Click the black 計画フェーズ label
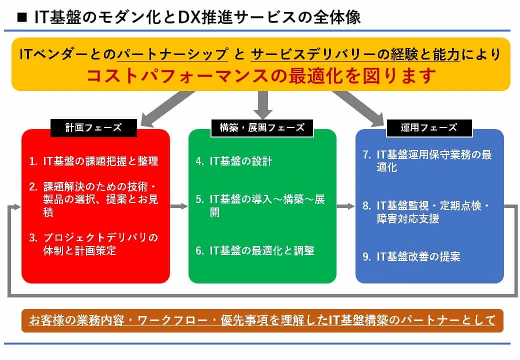click(x=93, y=127)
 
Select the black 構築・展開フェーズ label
click(x=262, y=127)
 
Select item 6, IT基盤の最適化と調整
click(x=255, y=250)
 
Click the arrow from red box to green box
click(x=179, y=206)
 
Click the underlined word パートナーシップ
click(x=172, y=54)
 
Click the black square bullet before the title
click(x=21, y=18)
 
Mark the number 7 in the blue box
click(x=366, y=154)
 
